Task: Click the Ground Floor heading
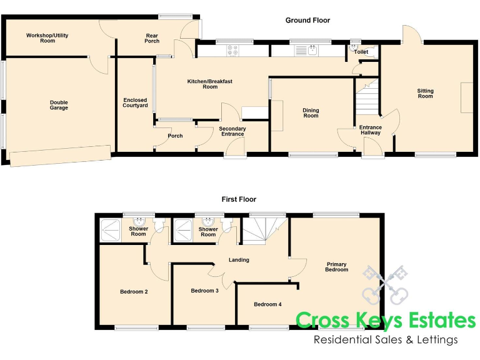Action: pyautogui.click(x=307, y=21)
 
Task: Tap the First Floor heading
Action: pyautogui.click(x=239, y=199)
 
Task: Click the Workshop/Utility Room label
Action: pyautogui.click(x=47, y=38)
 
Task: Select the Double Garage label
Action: pyautogui.click(x=59, y=106)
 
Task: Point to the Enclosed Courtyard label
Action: pyautogui.click(x=135, y=103)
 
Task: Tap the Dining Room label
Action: pyautogui.click(x=311, y=112)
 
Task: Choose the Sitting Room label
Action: pyautogui.click(x=425, y=94)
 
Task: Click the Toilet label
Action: pyautogui.click(x=361, y=52)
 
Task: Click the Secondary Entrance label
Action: pyautogui.click(x=232, y=131)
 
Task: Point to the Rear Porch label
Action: pyautogui.click(x=152, y=38)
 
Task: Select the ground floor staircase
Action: pyautogui.click(x=368, y=98)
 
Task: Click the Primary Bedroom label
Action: pyautogui.click(x=336, y=267)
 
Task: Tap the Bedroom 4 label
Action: pyautogui.click(x=267, y=304)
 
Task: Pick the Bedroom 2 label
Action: pyautogui.click(x=134, y=291)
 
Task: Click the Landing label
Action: pyautogui.click(x=239, y=260)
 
